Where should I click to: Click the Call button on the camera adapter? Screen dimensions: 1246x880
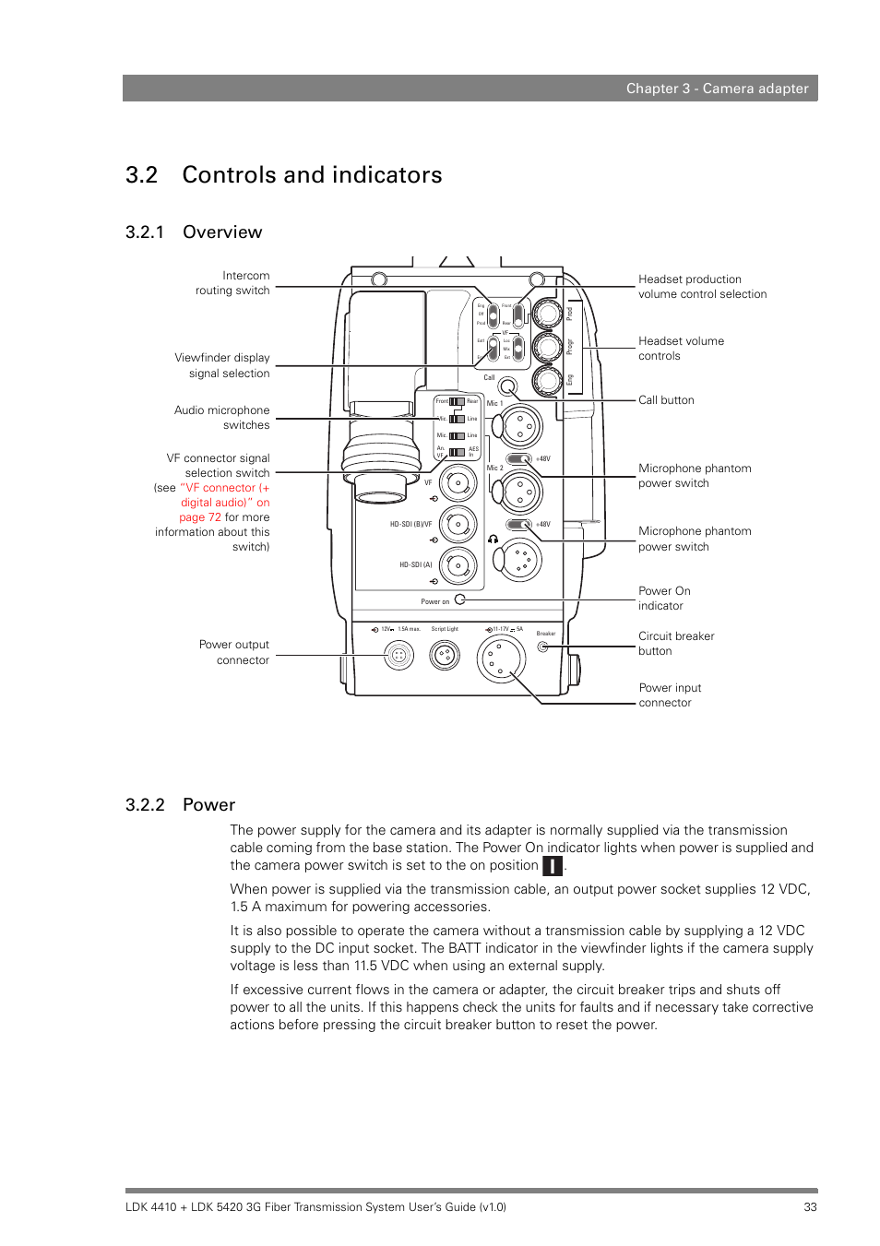click(506, 386)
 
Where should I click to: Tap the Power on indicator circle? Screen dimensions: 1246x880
click(459, 599)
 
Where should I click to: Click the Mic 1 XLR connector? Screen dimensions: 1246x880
click(520, 427)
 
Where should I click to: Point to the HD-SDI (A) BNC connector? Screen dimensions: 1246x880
click(458, 565)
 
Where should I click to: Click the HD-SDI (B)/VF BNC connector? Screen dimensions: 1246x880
click(458, 524)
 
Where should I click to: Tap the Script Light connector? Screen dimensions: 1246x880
click(445, 656)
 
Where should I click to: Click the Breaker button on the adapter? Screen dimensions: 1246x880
click(543, 647)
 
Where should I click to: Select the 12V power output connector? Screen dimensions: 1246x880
click(398, 656)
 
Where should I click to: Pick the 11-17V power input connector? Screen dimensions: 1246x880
click(501, 659)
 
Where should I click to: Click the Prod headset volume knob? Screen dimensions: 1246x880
click(547, 314)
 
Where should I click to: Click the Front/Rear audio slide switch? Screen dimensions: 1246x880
click(457, 401)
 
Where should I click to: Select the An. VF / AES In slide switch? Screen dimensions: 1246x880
click(457, 452)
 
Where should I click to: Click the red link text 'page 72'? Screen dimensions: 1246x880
click(200, 517)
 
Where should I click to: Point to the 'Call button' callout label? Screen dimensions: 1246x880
click(666, 400)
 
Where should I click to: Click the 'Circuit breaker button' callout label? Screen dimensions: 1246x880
click(676, 644)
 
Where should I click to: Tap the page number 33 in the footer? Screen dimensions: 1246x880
click(810, 1206)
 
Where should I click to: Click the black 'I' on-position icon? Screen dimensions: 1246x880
click(552, 866)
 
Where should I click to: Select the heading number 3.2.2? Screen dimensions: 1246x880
click(145, 805)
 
